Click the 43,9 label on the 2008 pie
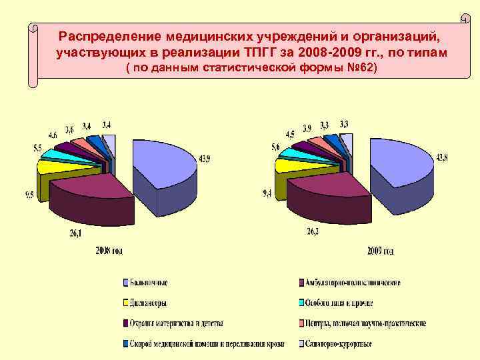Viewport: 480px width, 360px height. [x=205, y=158]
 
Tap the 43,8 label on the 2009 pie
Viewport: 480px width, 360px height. [x=443, y=158]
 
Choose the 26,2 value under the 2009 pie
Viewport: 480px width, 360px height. [x=313, y=231]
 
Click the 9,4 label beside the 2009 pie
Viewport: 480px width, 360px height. [x=267, y=193]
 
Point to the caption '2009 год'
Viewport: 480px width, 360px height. [x=380, y=251]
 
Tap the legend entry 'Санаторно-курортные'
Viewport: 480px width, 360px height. [x=339, y=344]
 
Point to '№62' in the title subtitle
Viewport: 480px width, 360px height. [x=361, y=69]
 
